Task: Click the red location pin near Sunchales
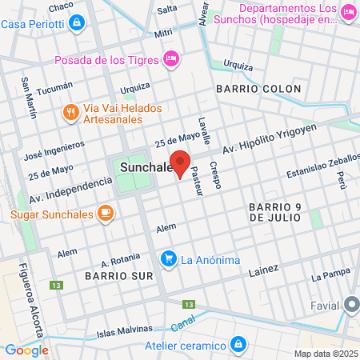coord(181,164)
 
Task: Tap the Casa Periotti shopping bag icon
coord(76,23)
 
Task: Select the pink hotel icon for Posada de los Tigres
coord(170,58)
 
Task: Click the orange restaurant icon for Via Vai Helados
coord(71,113)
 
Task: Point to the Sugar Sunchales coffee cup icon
coord(104,213)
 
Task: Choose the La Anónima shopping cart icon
coord(168,258)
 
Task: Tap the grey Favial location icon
coord(351,305)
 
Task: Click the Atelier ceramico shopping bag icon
coord(238,344)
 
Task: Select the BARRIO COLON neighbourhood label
coord(258,88)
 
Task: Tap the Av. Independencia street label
coord(70,189)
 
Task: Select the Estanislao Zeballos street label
coord(319,170)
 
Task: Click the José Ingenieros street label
coord(54,149)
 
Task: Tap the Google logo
coord(26,350)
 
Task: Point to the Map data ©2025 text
coord(325,353)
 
